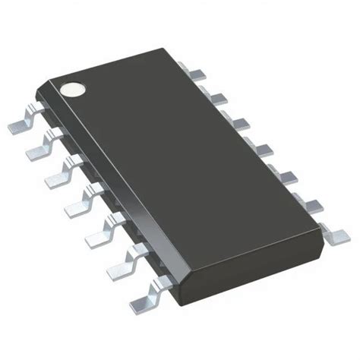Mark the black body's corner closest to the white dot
point(50,81)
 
